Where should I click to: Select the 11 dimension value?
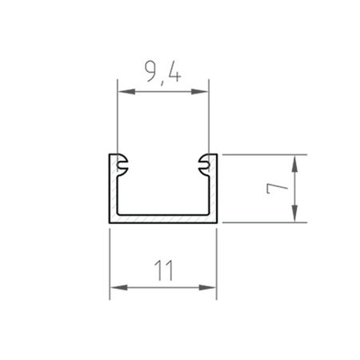[163, 271]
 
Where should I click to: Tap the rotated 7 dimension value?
[277, 188]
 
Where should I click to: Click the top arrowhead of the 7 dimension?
[296, 161]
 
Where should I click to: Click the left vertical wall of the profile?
[112, 192]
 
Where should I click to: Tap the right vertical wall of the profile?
[214, 192]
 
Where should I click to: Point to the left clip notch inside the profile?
[122, 163]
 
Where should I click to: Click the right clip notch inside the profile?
[203, 163]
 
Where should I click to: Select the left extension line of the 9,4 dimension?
[118, 120]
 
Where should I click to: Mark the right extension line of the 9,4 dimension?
[209, 120]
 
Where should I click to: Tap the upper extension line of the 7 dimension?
[264, 154]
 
